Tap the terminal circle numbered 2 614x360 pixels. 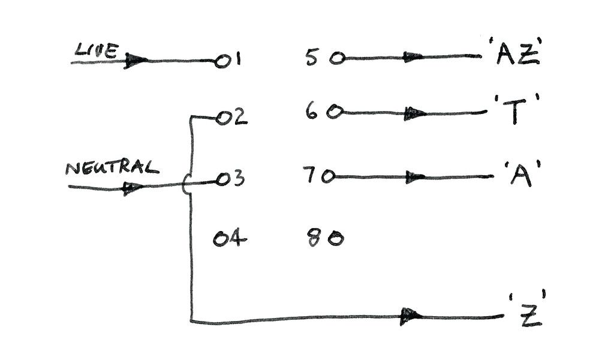click(223, 119)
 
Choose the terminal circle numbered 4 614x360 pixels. click(221, 240)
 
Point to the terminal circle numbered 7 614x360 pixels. click(327, 177)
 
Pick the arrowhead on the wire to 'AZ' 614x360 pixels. click(413, 58)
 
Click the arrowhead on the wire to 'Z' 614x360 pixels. click(411, 316)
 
